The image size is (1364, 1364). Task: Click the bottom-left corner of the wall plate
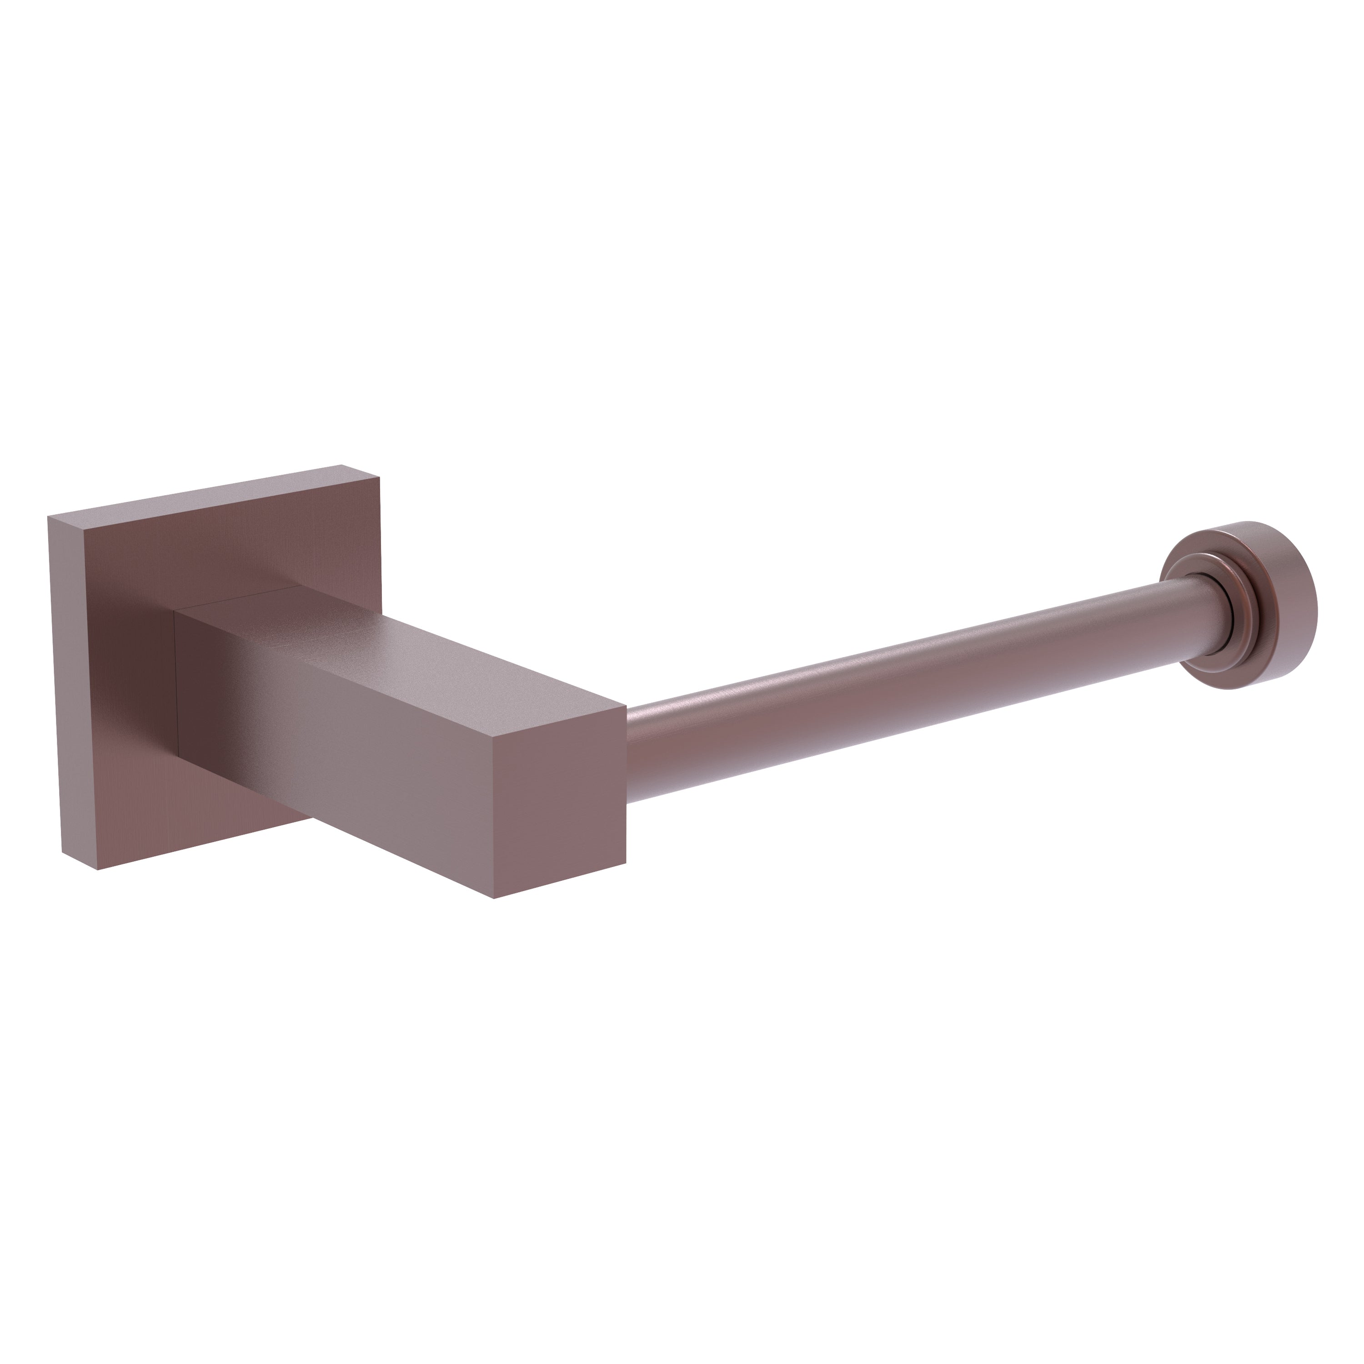click(97, 868)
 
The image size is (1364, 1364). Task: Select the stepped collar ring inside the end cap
click(1193, 593)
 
